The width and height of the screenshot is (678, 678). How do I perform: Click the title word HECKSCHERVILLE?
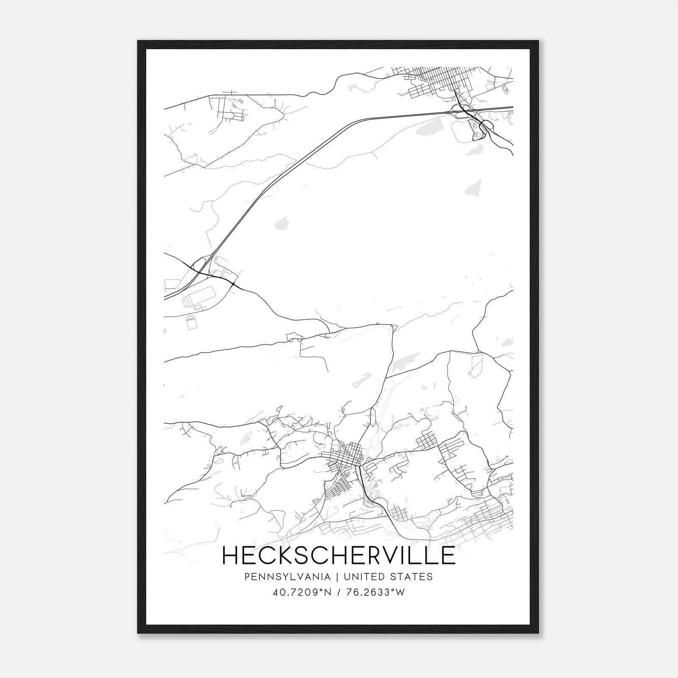pos(339,555)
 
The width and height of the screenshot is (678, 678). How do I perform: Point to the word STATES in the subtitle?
pos(412,577)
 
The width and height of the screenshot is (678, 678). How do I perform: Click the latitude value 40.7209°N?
pos(301,592)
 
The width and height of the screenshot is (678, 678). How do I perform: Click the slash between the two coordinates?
pos(339,592)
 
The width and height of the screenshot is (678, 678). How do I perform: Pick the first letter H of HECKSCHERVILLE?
pos(231,555)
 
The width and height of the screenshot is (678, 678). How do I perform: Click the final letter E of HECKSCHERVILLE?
pos(447,555)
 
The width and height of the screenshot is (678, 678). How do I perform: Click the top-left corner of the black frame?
pos(138,41)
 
